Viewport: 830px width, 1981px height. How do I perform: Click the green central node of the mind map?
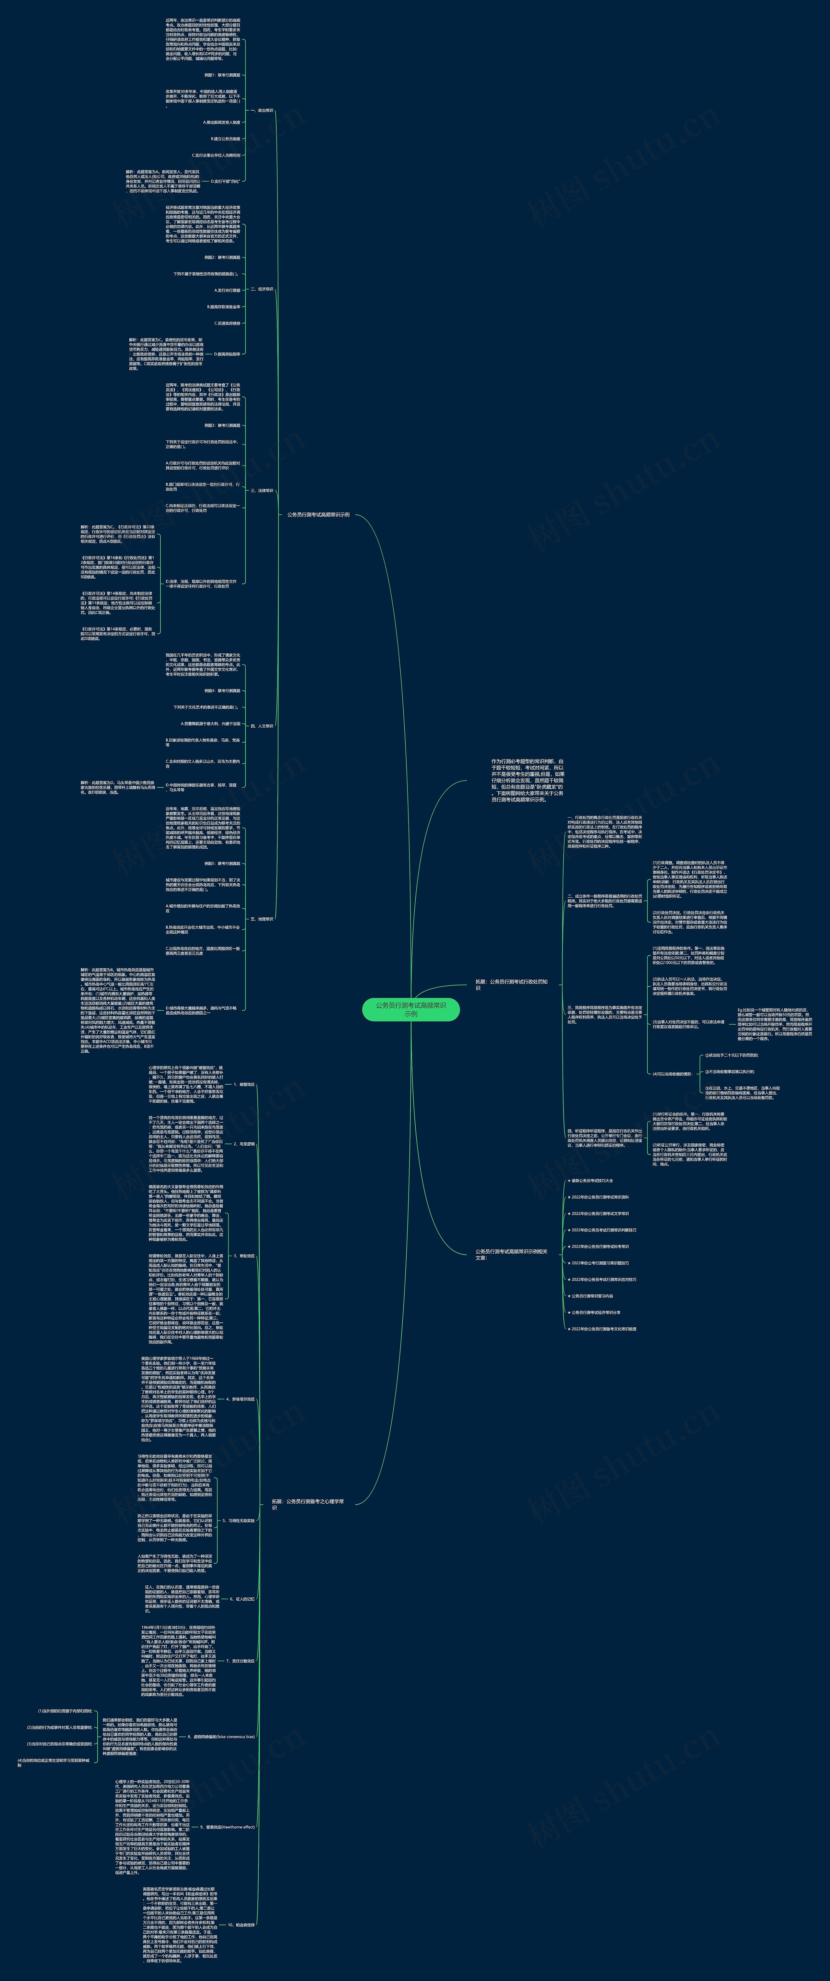(x=411, y=1009)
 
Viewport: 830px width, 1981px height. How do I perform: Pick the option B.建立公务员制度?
(x=225, y=139)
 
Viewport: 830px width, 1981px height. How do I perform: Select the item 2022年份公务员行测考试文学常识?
(x=600, y=1213)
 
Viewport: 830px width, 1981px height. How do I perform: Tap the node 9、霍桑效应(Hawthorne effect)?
(x=227, y=1826)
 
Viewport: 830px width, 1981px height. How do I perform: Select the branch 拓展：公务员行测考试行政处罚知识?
(x=512, y=985)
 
